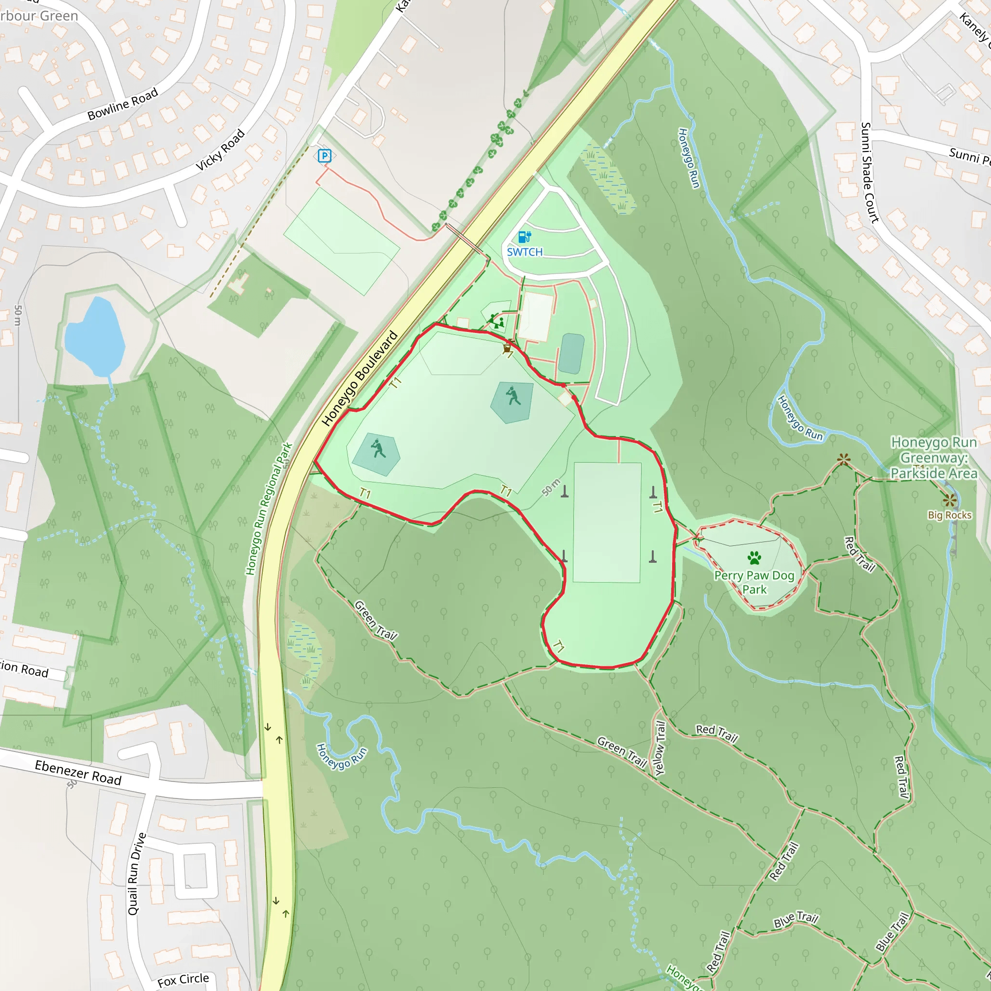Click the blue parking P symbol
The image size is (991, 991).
[x=324, y=155]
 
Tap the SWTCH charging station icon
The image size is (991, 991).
[x=524, y=237]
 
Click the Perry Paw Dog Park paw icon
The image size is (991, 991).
[x=754, y=557]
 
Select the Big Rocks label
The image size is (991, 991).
[x=949, y=515]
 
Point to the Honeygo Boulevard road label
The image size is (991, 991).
[x=360, y=378]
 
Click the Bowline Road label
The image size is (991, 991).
[x=122, y=104]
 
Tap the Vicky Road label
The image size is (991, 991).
[x=221, y=150]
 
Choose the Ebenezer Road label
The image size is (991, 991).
[x=78, y=772]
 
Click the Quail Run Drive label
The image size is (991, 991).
[x=136, y=873]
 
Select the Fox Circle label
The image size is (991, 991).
[x=183, y=980]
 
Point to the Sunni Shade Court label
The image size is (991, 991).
[x=870, y=172]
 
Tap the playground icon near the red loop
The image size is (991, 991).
[x=496, y=322]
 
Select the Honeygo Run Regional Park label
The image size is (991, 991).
[x=269, y=509]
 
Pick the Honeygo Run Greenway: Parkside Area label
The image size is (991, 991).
[x=933, y=458]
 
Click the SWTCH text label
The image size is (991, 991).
[x=525, y=252]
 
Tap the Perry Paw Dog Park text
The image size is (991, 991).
[x=754, y=582]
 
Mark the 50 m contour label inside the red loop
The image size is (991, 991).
[x=551, y=487]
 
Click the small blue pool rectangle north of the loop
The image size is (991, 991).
[x=571, y=353]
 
